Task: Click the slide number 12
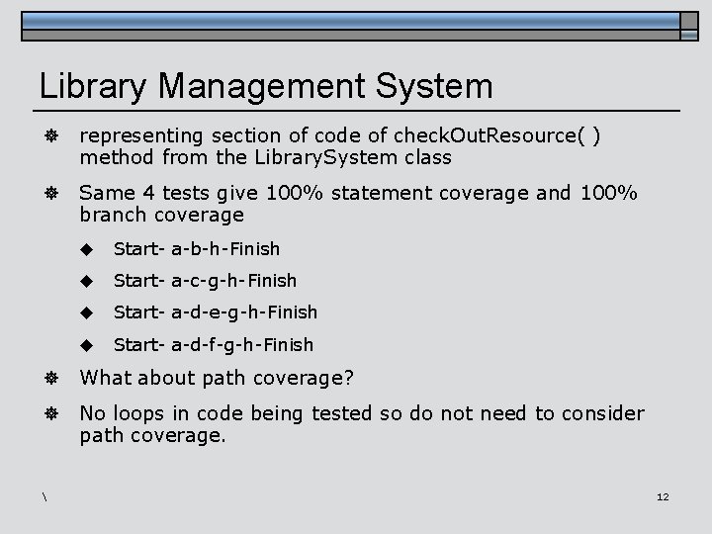click(663, 496)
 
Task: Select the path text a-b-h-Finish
click(225, 248)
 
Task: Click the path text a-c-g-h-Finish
click(233, 280)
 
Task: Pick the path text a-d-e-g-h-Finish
click(244, 312)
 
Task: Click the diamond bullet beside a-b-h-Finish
click(87, 248)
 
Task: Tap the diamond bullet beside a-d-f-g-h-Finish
click(87, 344)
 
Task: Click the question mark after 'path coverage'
click(349, 377)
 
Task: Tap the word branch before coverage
click(111, 215)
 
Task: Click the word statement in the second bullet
click(379, 192)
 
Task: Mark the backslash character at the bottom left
click(45, 495)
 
